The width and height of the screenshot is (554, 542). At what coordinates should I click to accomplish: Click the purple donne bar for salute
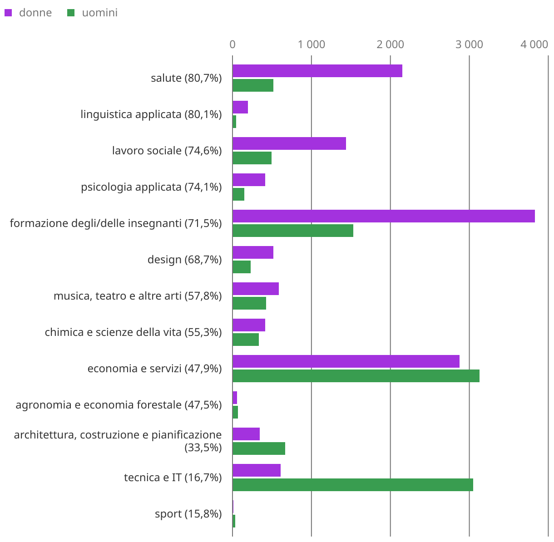coord(317,71)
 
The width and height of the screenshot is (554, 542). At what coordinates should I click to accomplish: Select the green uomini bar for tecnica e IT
coord(352,485)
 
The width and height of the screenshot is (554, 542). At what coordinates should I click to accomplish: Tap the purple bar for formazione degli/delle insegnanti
coord(383,216)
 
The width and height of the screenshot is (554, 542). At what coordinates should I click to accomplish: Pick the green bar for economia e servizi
coord(356,376)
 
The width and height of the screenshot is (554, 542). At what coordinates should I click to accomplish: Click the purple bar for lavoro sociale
coord(289,143)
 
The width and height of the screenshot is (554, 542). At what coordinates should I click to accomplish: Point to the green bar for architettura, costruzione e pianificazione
coord(258,448)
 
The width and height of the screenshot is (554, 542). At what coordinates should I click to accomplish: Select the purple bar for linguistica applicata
coord(240,107)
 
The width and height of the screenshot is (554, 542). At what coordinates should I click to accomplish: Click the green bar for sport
coord(234,521)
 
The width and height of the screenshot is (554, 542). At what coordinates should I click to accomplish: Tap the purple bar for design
coord(253,252)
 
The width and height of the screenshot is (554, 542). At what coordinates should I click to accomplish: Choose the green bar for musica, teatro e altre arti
coord(249,303)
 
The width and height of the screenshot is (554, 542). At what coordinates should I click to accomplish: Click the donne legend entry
coord(28,13)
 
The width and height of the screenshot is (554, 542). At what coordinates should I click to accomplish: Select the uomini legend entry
coord(93,13)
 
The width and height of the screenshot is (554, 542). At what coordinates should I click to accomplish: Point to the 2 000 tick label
coord(390,44)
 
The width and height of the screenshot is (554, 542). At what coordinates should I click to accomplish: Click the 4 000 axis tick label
coord(534,44)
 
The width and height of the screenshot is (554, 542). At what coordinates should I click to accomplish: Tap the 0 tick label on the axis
coord(232,44)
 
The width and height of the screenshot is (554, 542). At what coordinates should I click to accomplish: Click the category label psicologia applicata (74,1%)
coord(151,187)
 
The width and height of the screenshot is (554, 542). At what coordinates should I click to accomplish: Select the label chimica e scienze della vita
coord(133,332)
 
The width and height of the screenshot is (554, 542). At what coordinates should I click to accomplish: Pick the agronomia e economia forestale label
coord(119,405)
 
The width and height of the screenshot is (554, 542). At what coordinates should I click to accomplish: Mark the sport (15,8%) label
coord(188,514)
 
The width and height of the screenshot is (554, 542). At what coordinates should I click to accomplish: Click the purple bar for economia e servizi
coord(346,361)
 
